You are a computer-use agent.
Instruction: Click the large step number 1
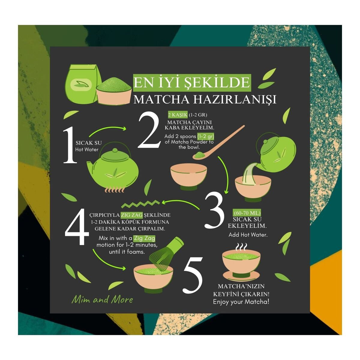point(70,145)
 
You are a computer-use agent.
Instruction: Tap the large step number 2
point(149,130)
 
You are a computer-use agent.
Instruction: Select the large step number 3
point(214,211)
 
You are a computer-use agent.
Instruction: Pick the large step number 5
point(193,275)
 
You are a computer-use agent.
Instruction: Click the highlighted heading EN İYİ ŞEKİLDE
point(192,83)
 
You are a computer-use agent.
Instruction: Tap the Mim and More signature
point(102,300)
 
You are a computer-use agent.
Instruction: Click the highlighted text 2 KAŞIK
point(178,115)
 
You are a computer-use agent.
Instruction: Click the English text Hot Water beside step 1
point(87,149)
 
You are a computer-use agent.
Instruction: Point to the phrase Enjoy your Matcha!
point(241,302)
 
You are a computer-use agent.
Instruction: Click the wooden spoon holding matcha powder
point(218,142)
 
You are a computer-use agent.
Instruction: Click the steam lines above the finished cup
point(241,247)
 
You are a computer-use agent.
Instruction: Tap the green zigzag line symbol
point(140,204)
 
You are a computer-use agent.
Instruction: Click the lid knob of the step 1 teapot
point(115,150)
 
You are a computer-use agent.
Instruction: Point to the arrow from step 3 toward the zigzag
point(180,203)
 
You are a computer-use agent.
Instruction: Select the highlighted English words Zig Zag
point(144,238)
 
